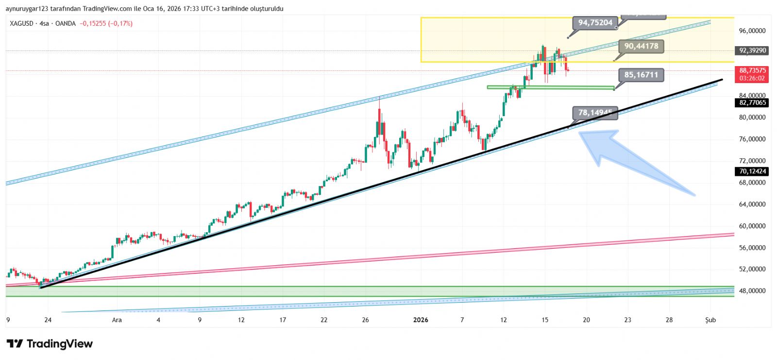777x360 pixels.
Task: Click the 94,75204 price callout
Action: pos(595,23)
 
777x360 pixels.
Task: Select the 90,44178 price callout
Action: pos(641,46)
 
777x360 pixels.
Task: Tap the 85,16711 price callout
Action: pos(641,75)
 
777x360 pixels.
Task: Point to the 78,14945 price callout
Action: pos(595,113)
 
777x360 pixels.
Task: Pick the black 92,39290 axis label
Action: pos(752,51)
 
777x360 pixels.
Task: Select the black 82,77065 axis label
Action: pos(752,103)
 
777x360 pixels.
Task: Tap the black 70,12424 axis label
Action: pos(752,171)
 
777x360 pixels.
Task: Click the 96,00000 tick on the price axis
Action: pos(752,31)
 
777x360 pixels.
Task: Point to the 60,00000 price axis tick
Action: pos(752,226)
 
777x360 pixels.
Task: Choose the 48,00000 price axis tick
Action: pos(752,291)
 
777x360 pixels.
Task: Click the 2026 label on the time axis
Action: pos(421,320)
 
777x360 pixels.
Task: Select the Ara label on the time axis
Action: pos(117,320)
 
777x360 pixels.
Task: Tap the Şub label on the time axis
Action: pos(710,320)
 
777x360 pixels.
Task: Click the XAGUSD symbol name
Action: pos(21,23)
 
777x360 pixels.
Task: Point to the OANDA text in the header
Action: pos(66,23)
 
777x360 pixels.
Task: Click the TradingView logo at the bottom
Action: pos(50,344)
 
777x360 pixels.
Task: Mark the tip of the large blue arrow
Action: pos(580,133)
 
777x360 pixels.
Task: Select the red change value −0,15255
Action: pos(93,23)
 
